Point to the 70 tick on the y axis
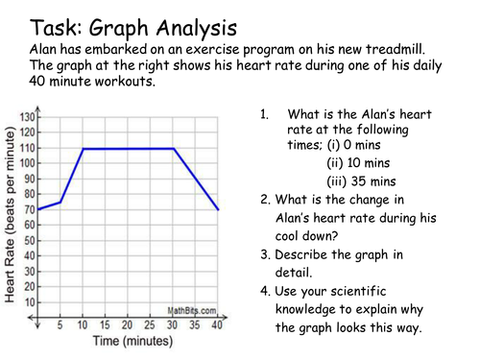[x=28, y=208]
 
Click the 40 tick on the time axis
[x=219, y=325]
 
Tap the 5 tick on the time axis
[x=60, y=325]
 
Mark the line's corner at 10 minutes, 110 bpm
[x=83, y=149]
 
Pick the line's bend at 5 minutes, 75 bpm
[x=60, y=202]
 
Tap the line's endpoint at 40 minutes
[x=219, y=209]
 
